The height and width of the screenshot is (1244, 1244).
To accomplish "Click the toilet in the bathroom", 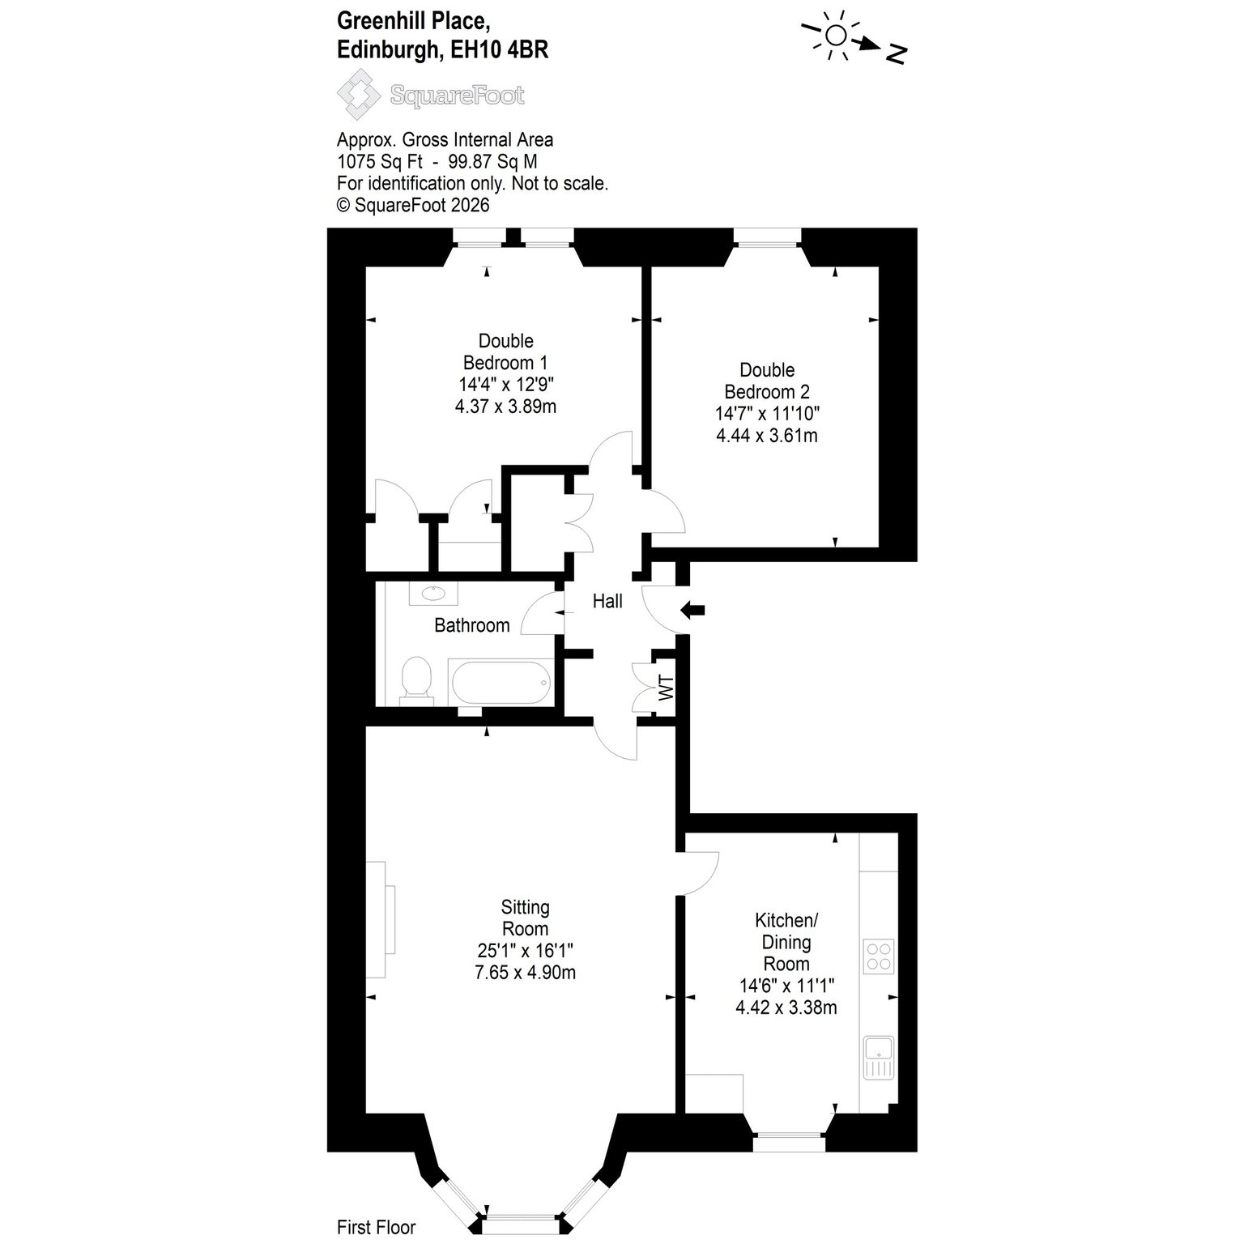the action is click(417, 679).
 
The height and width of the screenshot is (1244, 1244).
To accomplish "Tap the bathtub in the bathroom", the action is click(500, 682).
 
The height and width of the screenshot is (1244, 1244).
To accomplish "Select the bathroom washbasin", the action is click(433, 594).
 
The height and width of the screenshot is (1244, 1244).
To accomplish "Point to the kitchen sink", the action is click(879, 1057).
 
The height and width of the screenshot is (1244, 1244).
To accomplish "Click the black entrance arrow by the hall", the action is click(692, 610).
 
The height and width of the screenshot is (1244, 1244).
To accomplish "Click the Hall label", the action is click(607, 601).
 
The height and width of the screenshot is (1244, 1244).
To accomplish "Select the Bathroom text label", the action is click(472, 625).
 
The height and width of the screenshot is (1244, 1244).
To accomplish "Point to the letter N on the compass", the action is click(896, 53).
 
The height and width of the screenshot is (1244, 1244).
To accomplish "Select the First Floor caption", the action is click(376, 1227).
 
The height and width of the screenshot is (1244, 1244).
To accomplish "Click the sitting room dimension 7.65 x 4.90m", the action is click(526, 973).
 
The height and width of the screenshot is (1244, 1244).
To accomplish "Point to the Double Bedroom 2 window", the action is click(768, 236).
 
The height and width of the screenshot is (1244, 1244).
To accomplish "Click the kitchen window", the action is click(790, 1144).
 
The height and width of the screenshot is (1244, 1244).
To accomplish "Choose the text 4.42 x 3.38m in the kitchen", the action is click(786, 1008).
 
